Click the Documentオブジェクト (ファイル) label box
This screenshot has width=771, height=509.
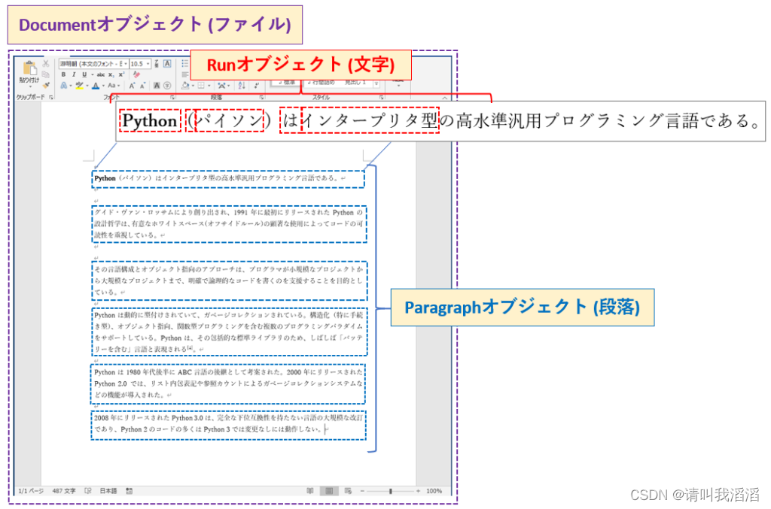tap(154, 25)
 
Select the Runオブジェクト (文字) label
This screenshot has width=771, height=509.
tap(300, 65)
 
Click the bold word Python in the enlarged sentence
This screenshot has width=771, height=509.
tap(149, 120)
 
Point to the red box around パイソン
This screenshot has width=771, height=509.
tap(229, 120)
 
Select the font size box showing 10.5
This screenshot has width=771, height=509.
tap(139, 64)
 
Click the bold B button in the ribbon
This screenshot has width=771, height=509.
tap(64, 75)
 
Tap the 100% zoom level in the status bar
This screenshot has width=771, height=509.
tap(434, 491)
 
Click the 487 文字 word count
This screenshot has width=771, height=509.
tap(64, 491)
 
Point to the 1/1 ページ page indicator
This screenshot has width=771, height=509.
tap(31, 491)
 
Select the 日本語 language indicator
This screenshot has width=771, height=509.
tap(108, 491)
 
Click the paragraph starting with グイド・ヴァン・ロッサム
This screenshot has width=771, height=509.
tap(229, 223)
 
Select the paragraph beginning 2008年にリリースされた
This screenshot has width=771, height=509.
tap(229, 424)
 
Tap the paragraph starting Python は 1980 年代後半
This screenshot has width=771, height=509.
tap(229, 383)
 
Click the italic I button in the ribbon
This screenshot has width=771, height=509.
tap(74, 75)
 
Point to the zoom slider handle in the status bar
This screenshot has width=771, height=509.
tap(390, 491)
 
